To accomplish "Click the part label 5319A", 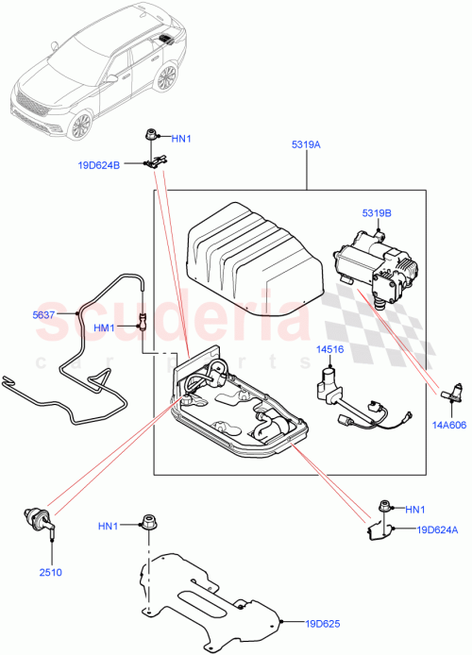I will [x=307, y=146].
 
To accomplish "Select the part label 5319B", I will [x=375, y=213].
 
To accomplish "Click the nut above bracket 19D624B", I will [x=151, y=136].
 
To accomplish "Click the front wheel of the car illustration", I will [x=81, y=126].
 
